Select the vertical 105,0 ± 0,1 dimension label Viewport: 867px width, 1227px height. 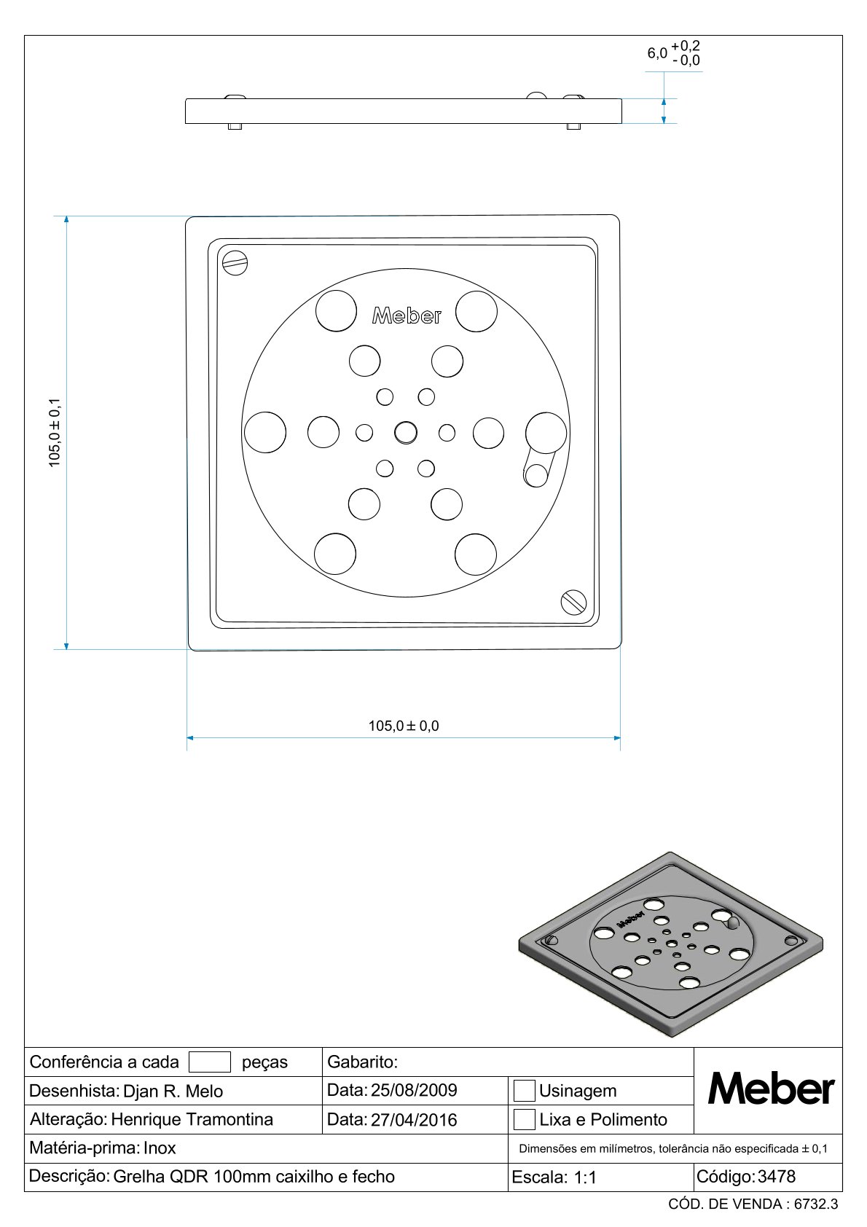[x=55, y=432]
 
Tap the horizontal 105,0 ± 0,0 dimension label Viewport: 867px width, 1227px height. [x=404, y=726]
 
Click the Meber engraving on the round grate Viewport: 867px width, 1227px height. [x=407, y=315]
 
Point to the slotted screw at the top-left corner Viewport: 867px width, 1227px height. [x=235, y=264]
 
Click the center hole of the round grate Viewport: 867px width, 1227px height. [x=405, y=433]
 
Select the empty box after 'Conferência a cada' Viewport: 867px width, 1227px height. [x=210, y=1062]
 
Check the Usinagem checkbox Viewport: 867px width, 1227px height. [x=524, y=1090]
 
